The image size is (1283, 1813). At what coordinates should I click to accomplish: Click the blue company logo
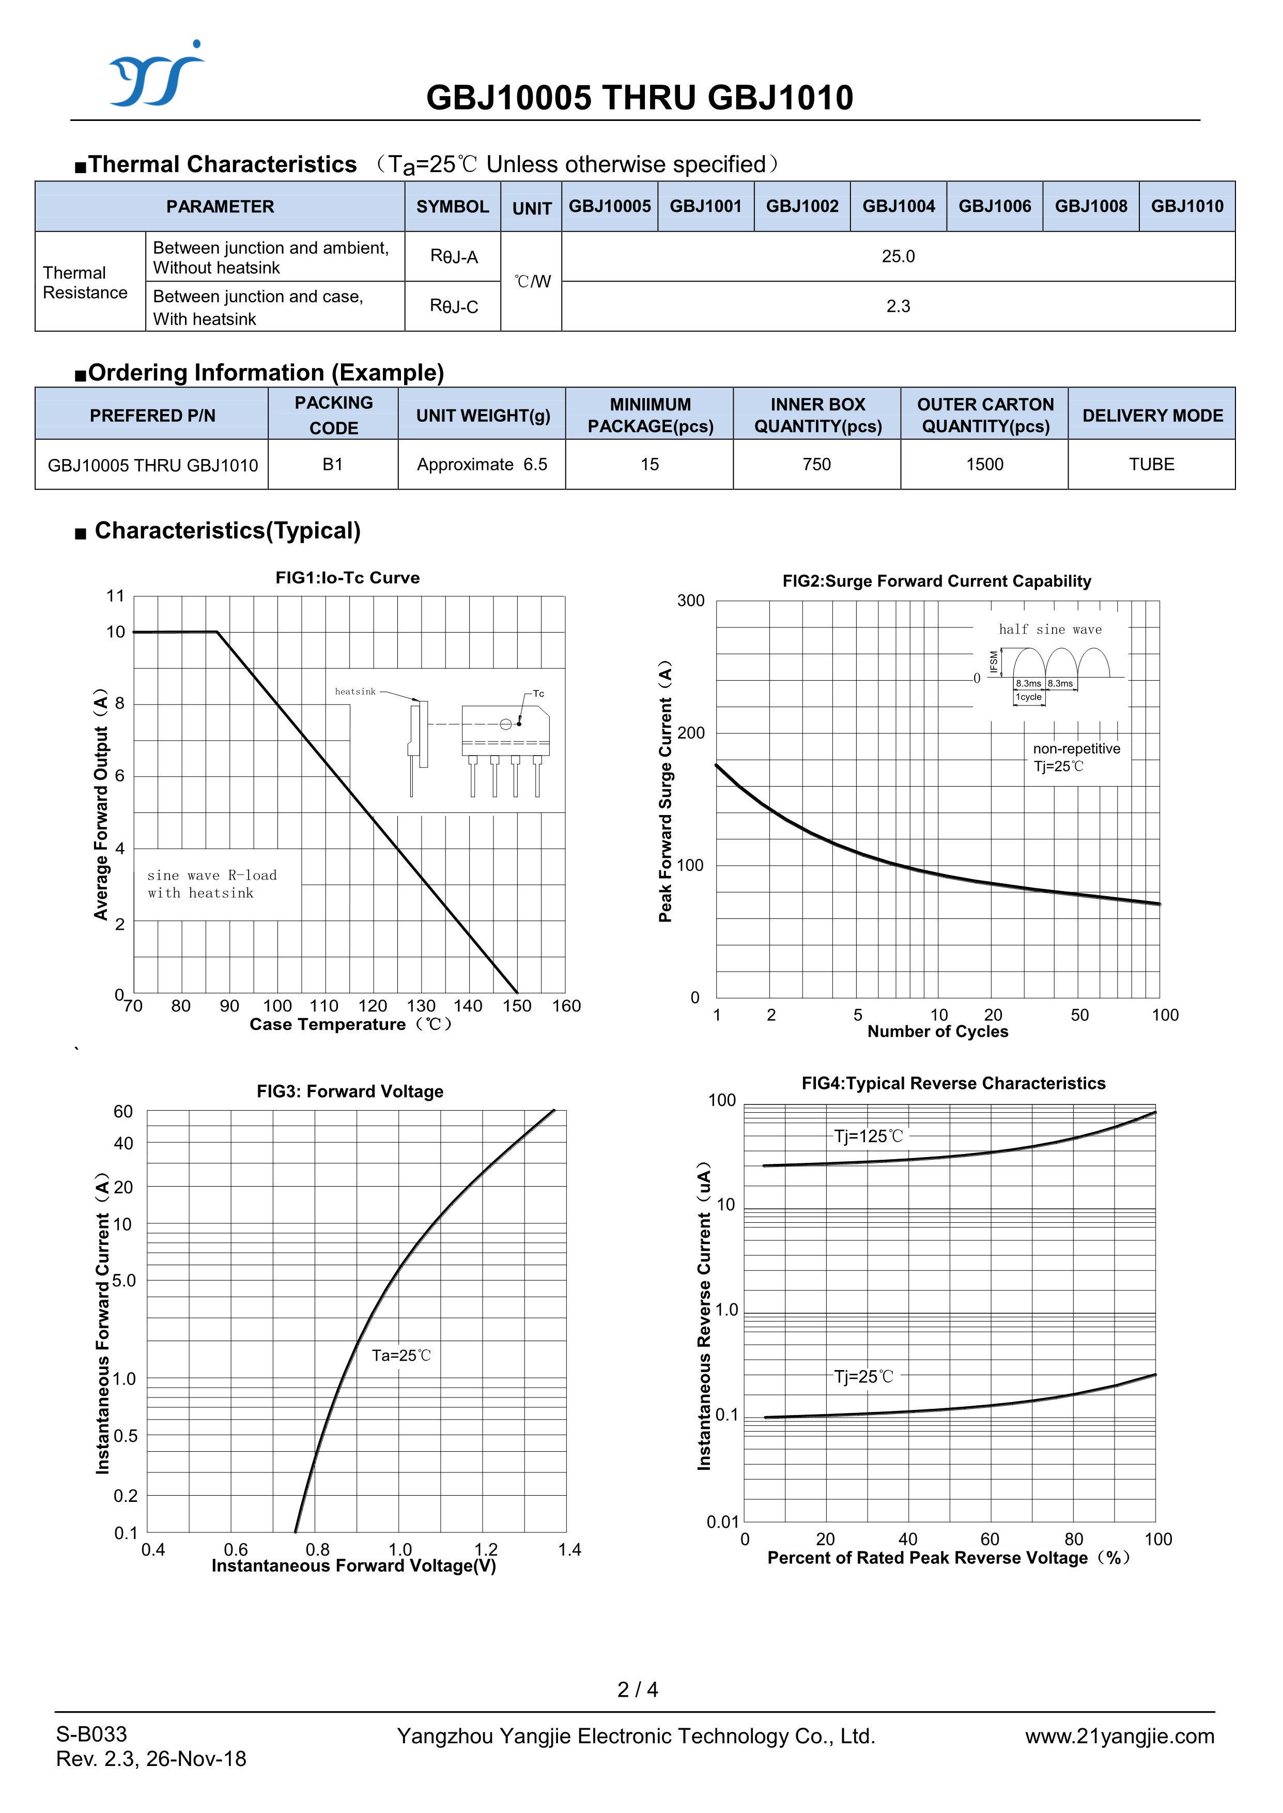click(x=156, y=75)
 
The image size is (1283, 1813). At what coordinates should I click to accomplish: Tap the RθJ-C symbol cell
click(x=454, y=306)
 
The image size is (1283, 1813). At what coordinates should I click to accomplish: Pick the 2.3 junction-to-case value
click(x=898, y=306)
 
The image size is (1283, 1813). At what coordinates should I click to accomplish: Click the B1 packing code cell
click(x=333, y=465)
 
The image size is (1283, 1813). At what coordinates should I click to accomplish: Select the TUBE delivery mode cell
click(x=1151, y=465)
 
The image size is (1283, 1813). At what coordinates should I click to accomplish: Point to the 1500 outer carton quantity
click(x=984, y=465)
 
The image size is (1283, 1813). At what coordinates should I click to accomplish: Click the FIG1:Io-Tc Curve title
click(x=348, y=577)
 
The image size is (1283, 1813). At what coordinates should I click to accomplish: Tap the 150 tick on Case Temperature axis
click(x=517, y=1006)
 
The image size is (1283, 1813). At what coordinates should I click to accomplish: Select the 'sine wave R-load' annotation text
click(x=212, y=875)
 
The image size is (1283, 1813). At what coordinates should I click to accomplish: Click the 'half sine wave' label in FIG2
click(x=1050, y=629)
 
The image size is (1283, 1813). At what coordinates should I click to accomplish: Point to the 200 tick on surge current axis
click(x=690, y=733)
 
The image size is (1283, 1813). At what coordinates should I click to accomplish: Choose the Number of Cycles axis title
click(x=938, y=1032)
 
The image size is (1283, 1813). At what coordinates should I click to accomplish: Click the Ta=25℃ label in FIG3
click(x=401, y=1356)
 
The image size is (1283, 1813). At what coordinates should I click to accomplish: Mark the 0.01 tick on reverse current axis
click(x=722, y=1522)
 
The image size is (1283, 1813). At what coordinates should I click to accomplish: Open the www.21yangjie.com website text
click(x=1120, y=1737)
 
